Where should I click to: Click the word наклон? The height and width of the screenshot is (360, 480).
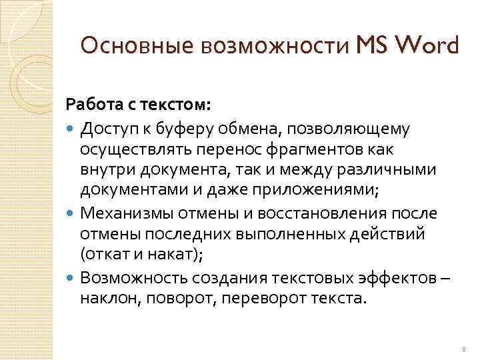[108, 298]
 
